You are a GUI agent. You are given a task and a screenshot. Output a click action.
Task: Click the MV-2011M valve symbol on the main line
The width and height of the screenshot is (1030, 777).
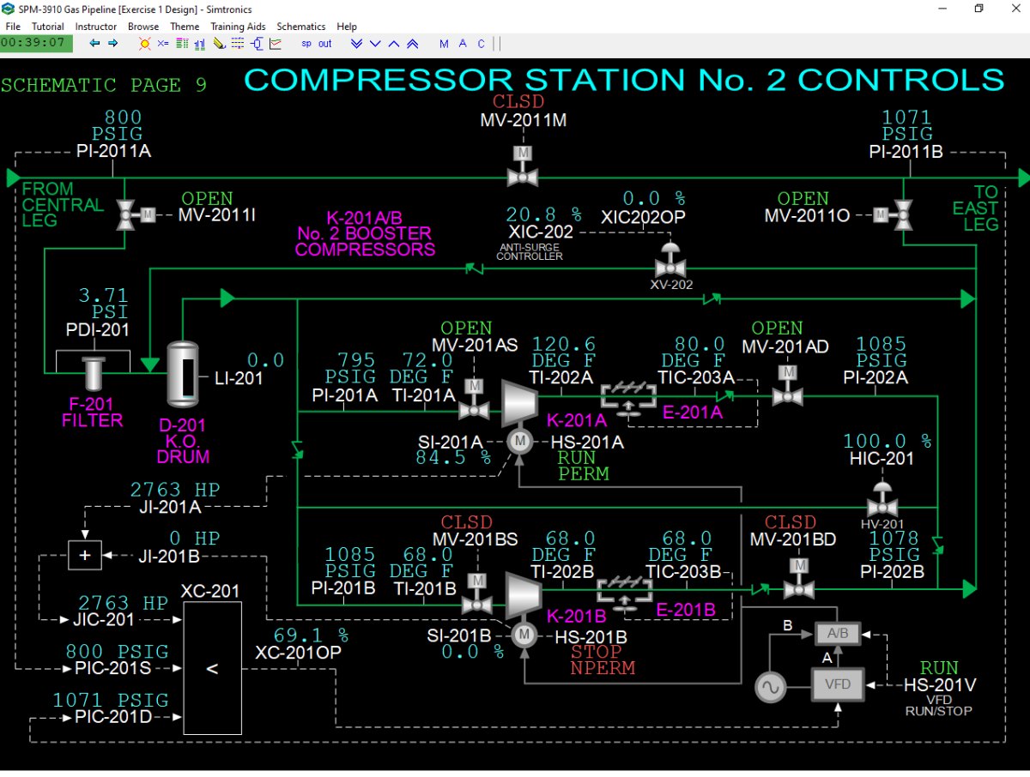coord(523,167)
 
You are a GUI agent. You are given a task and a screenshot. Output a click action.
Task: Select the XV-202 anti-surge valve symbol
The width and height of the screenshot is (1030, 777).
coord(670,261)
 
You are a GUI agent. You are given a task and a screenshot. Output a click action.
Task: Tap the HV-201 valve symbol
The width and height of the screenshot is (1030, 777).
coord(882,501)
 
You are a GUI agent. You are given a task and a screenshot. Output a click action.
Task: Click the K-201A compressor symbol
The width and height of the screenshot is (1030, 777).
coord(519,403)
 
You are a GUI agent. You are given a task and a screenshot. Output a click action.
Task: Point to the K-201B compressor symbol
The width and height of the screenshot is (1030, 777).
coord(524,595)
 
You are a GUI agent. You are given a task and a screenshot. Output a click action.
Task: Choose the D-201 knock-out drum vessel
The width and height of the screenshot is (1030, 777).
coord(183,374)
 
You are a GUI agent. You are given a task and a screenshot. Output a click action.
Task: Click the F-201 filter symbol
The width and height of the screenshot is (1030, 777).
coord(94,374)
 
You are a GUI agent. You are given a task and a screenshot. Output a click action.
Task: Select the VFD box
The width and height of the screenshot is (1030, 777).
coord(838,684)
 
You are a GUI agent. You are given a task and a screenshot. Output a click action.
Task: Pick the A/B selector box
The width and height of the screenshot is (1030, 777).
coord(838,634)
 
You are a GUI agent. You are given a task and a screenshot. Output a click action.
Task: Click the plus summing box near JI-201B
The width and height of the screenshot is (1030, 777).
coord(85,556)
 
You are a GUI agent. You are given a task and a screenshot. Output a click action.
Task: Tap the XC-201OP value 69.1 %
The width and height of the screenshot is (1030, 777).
coord(311,635)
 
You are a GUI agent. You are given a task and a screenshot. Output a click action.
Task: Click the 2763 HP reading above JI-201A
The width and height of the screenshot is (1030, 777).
coord(174,490)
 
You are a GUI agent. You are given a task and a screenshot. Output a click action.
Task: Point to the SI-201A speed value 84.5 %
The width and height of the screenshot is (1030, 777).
coord(453,457)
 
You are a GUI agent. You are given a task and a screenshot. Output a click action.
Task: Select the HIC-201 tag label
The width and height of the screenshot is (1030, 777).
coord(882,458)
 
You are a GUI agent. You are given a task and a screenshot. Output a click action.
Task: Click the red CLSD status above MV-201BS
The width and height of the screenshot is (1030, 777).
coord(466,522)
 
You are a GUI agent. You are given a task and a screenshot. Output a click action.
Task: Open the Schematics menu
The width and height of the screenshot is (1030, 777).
coord(300,27)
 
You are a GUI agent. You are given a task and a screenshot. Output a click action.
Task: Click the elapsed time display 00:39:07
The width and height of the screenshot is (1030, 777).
coord(33,43)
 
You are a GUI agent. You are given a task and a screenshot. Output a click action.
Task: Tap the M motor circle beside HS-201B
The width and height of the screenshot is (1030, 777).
coord(524,635)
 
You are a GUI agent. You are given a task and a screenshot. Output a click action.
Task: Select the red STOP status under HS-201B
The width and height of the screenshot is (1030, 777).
coord(596,652)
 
